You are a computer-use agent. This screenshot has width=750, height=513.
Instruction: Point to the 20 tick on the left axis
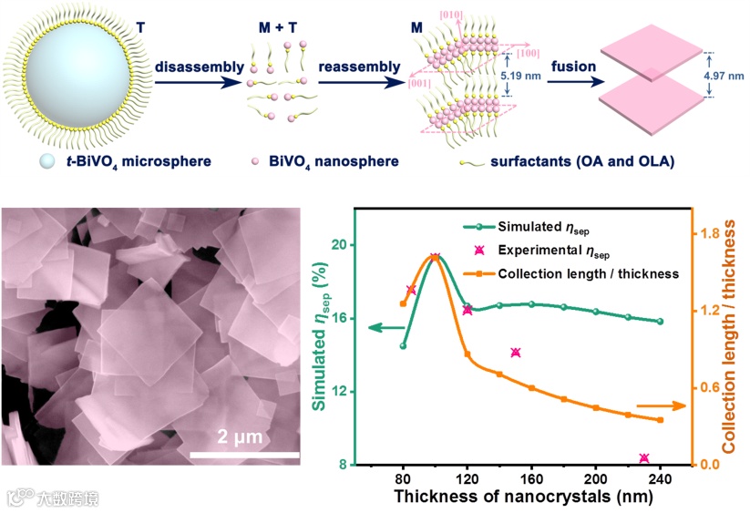338,245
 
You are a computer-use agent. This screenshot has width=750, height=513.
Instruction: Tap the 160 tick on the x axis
531,479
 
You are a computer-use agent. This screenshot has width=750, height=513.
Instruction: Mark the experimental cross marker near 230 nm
644,458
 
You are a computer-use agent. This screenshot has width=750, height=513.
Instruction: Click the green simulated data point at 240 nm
661,322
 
